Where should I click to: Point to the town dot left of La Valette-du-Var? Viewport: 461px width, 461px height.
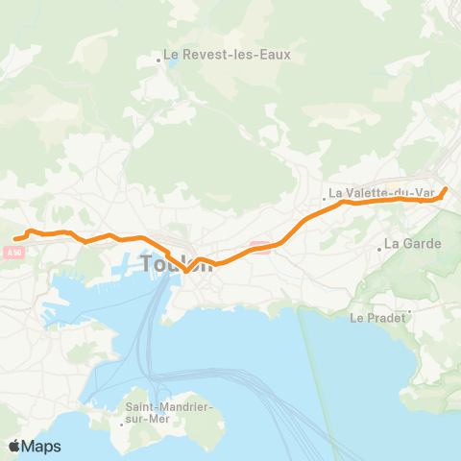[325, 200]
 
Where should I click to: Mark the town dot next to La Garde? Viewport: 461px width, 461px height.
[380, 248]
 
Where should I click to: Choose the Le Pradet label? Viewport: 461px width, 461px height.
[377, 317]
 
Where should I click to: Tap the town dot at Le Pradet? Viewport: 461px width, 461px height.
[409, 310]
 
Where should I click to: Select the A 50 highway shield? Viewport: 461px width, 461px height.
[12, 253]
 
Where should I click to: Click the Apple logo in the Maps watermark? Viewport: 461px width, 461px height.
[15, 446]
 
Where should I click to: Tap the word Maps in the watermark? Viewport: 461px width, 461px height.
[42, 446]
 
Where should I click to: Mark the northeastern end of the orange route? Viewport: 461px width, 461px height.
[446, 188]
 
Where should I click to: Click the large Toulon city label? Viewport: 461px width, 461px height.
[177, 263]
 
